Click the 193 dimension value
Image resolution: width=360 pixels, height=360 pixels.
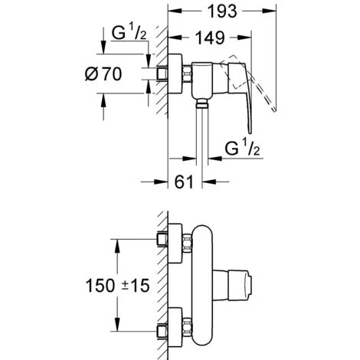click(222, 11)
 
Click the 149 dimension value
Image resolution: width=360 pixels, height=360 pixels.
click(210, 38)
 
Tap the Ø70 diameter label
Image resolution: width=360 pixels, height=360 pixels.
click(103, 74)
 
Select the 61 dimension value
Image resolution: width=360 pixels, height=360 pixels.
click(184, 182)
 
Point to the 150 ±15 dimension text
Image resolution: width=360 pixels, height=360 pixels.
click(117, 285)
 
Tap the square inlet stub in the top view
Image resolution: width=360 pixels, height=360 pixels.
click(162, 74)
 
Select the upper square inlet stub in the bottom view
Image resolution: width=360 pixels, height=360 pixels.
click(162, 240)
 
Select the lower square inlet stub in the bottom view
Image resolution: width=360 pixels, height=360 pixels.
click(162, 331)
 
